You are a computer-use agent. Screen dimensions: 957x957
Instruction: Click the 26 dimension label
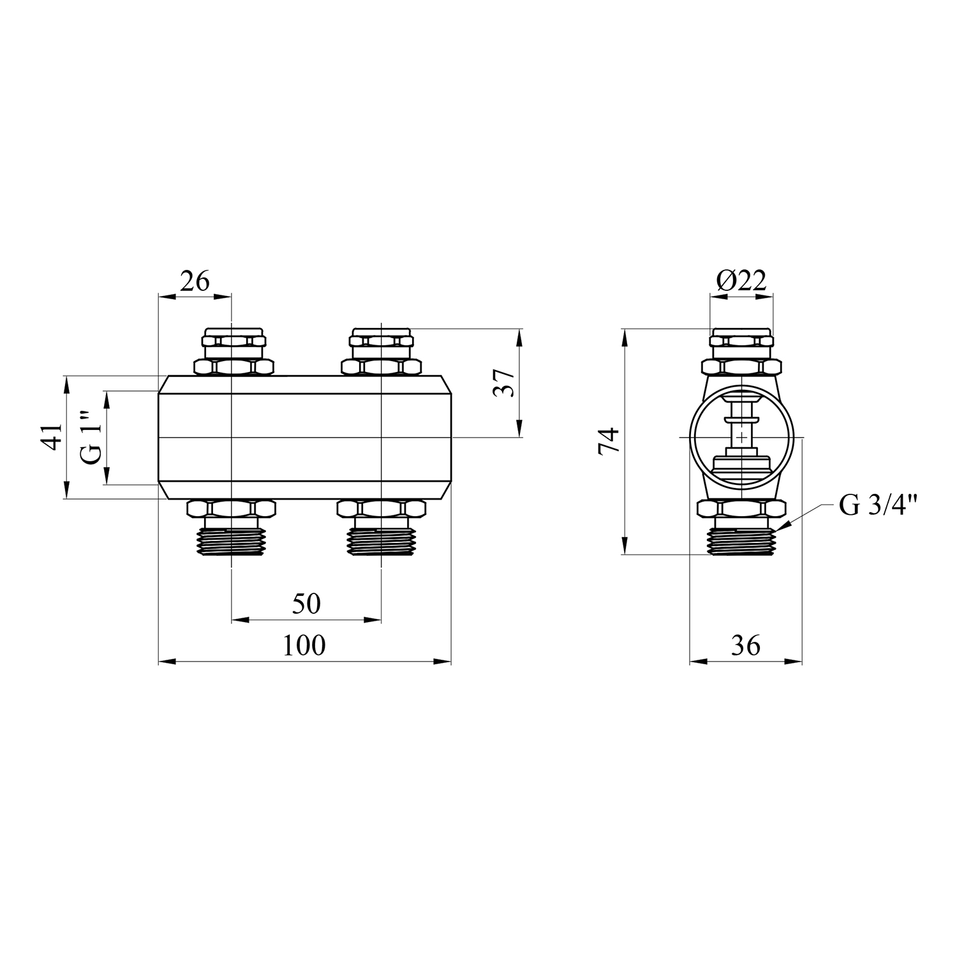click(195, 281)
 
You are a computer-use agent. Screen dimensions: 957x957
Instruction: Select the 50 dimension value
click(306, 604)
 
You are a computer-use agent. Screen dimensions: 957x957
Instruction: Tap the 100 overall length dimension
click(304, 646)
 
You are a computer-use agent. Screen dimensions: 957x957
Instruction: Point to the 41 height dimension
click(54, 437)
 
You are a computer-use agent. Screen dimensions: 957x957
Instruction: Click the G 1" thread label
click(91, 437)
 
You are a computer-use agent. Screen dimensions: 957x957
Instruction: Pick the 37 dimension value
click(503, 383)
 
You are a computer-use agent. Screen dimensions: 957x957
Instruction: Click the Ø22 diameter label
click(741, 281)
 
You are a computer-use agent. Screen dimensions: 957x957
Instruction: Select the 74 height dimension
click(609, 440)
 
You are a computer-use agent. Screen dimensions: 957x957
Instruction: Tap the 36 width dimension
click(746, 646)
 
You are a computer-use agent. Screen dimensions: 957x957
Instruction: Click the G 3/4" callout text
click(879, 506)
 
